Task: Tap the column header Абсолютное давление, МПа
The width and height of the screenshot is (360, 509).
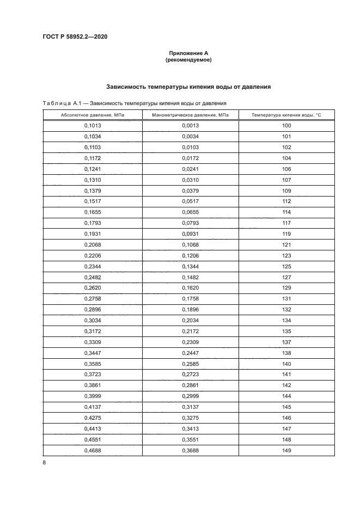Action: pos(93,115)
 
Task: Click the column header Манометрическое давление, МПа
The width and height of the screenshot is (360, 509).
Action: pos(190,115)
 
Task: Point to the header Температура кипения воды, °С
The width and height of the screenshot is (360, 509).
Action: pos(286,115)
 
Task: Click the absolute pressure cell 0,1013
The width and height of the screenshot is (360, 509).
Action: pos(93,126)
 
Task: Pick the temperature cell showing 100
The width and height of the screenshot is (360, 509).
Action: pos(286,126)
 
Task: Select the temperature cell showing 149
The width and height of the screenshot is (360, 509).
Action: pos(286,450)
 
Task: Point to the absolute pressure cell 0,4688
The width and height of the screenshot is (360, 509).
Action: pos(93,450)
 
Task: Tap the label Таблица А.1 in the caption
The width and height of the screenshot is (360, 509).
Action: pos(60,102)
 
